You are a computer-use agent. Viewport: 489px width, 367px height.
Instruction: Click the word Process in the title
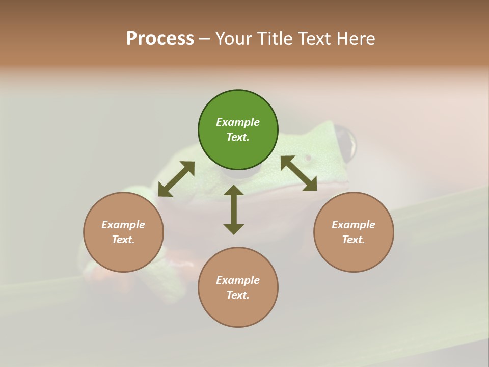[x=160, y=39]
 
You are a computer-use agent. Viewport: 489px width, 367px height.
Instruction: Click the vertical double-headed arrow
[x=234, y=209]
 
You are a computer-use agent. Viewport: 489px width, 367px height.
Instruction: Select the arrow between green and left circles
[x=176, y=179]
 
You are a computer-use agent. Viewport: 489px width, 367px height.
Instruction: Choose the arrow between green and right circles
[x=299, y=173]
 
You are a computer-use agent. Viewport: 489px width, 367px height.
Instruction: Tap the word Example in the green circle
[x=238, y=122]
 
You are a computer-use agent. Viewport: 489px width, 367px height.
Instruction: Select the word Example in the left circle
[x=123, y=225]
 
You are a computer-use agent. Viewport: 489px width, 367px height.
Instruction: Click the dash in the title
[x=205, y=39]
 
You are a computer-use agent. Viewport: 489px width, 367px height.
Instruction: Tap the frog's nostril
[x=308, y=157]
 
